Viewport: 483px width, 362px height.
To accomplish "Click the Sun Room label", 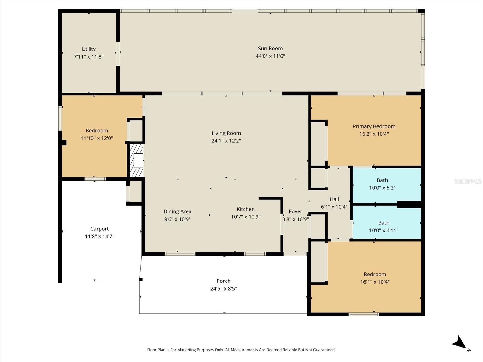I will click(x=270, y=49).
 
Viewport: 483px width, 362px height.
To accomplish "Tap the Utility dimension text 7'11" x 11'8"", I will click(x=88, y=56).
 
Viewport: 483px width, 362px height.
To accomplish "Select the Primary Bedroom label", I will click(x=374, y=126).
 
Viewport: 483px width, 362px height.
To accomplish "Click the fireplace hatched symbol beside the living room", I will click(x=136, y=160).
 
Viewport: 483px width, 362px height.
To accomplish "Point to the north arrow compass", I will click(x=460, y=344).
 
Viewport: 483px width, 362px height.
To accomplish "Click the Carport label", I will click(x=99, y=229).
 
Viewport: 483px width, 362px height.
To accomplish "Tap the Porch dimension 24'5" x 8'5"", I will click(x=223, y=289).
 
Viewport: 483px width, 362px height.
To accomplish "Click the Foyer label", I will click(x=295, y=212).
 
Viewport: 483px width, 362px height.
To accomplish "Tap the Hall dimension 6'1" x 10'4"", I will click(x=334, y=207).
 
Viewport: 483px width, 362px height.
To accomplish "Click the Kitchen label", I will click(x=245, y=209).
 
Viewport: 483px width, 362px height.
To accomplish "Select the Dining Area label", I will click(x=177, y=211).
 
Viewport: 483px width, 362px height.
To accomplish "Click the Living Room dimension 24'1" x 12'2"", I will click(x=226, y=141).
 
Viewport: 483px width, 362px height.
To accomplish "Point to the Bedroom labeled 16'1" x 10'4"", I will click(x=375, y=275).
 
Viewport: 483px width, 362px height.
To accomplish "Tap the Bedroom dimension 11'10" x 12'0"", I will click(x=97, y=138).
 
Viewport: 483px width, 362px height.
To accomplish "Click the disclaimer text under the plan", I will click(x=241, y=350).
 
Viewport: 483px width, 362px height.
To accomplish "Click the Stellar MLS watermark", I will click(x=468, y=181).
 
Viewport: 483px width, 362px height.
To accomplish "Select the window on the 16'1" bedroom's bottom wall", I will click(x=363, y=314).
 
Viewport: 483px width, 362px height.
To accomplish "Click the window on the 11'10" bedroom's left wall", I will click(x=60, y=119).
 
